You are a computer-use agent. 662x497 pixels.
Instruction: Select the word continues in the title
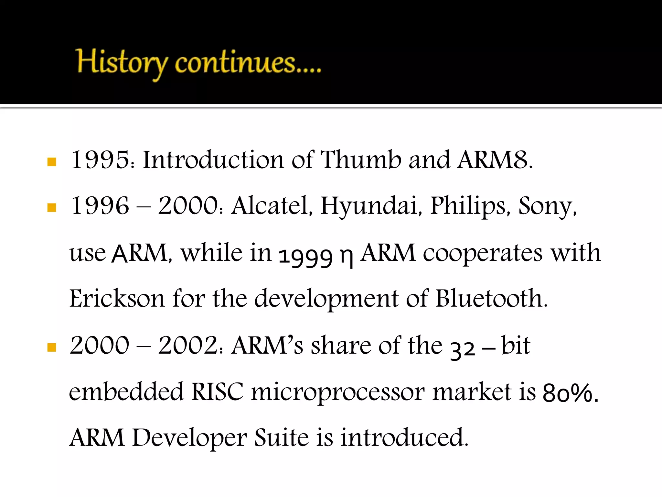click(x=235, y=63)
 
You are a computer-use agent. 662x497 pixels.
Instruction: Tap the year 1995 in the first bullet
click(x=100, y=160)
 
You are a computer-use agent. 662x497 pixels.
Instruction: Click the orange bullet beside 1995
click(x=52, y=162)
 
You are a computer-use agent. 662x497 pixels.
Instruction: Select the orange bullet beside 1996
click(x=52, y=207)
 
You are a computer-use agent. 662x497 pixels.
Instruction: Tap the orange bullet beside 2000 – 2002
click(x=52, y=348)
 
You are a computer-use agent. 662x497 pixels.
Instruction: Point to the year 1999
click(x=305, y=256)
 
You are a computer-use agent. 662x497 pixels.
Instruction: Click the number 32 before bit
click(x=463, y=349)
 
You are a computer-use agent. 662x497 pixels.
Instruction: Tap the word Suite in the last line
click(x=282, y=437)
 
